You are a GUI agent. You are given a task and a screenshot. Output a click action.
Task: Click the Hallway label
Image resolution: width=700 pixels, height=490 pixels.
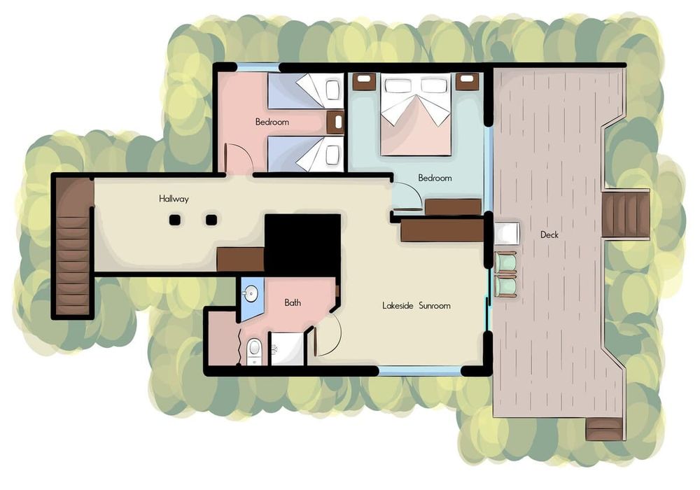[x=174, y=199]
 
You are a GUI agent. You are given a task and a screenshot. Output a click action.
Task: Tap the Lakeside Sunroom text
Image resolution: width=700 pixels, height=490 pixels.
[x=416, y=306]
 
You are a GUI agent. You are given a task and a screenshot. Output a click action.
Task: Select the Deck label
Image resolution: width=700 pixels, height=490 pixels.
[x=549, y=234]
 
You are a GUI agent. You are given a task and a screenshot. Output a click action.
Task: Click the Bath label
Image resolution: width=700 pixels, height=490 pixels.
[x=293, y=302]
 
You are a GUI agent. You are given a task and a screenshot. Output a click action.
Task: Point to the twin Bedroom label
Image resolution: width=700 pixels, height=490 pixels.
[x=272, y=122]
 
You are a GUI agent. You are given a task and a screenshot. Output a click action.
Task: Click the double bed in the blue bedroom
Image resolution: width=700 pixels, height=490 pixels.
[x=416, y=114]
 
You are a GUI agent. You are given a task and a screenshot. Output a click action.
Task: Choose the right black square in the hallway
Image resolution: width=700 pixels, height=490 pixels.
[x=211, y=220]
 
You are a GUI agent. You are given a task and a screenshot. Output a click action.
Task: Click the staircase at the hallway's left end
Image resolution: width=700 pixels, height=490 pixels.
[x=73, y=246]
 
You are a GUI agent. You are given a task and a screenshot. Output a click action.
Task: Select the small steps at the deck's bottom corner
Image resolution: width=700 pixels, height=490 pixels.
[x=603, y=429]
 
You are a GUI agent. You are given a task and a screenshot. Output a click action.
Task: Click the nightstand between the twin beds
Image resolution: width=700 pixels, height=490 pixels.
[x=335, y=122]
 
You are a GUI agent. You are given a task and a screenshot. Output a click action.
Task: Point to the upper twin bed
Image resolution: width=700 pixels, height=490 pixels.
[x=305, y=90]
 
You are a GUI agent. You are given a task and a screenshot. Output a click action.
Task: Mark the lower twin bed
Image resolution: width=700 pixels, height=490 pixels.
[x=305, y=154]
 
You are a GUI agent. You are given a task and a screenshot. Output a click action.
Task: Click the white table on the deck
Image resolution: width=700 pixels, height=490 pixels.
[x=507, y=232]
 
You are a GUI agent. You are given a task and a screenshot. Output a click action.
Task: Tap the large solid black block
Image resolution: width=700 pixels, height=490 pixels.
[x=302, y=245]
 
